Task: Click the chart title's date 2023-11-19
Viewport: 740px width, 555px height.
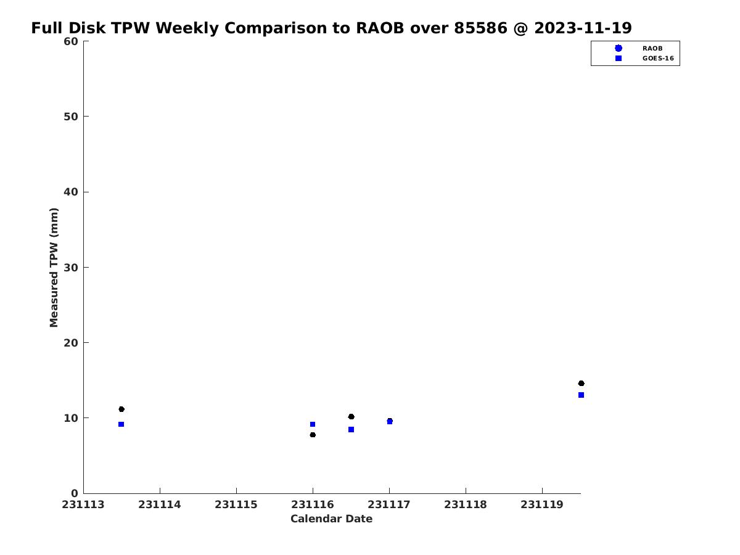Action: tap(583, 28)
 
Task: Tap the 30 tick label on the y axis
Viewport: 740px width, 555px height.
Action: tap(71, 268)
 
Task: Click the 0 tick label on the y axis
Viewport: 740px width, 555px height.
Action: tap(75, 493)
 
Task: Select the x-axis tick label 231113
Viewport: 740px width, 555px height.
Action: tap(83, 504)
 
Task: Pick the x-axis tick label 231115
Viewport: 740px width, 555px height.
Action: tap(236, 504)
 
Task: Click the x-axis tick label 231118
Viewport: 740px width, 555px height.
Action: tap(466, 504)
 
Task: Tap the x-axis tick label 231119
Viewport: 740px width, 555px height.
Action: tap(542, 504)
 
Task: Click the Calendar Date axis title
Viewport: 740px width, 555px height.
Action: tap(331, 519)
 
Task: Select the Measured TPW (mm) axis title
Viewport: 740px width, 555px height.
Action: tap(54, 267)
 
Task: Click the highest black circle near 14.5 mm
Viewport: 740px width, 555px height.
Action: tap(581, 383)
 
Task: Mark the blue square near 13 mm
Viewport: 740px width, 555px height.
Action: tap(581, 395)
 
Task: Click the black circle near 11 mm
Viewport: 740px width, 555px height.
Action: tap(121, 409)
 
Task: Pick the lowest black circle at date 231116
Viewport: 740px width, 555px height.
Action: tap(313, 435)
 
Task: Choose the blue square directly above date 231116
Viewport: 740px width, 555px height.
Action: tap(313, 424)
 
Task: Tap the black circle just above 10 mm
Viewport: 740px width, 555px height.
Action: tap(351, 416)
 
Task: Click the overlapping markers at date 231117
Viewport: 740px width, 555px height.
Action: tap(389, 421)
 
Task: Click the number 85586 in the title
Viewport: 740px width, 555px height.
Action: tap(480, 28)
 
